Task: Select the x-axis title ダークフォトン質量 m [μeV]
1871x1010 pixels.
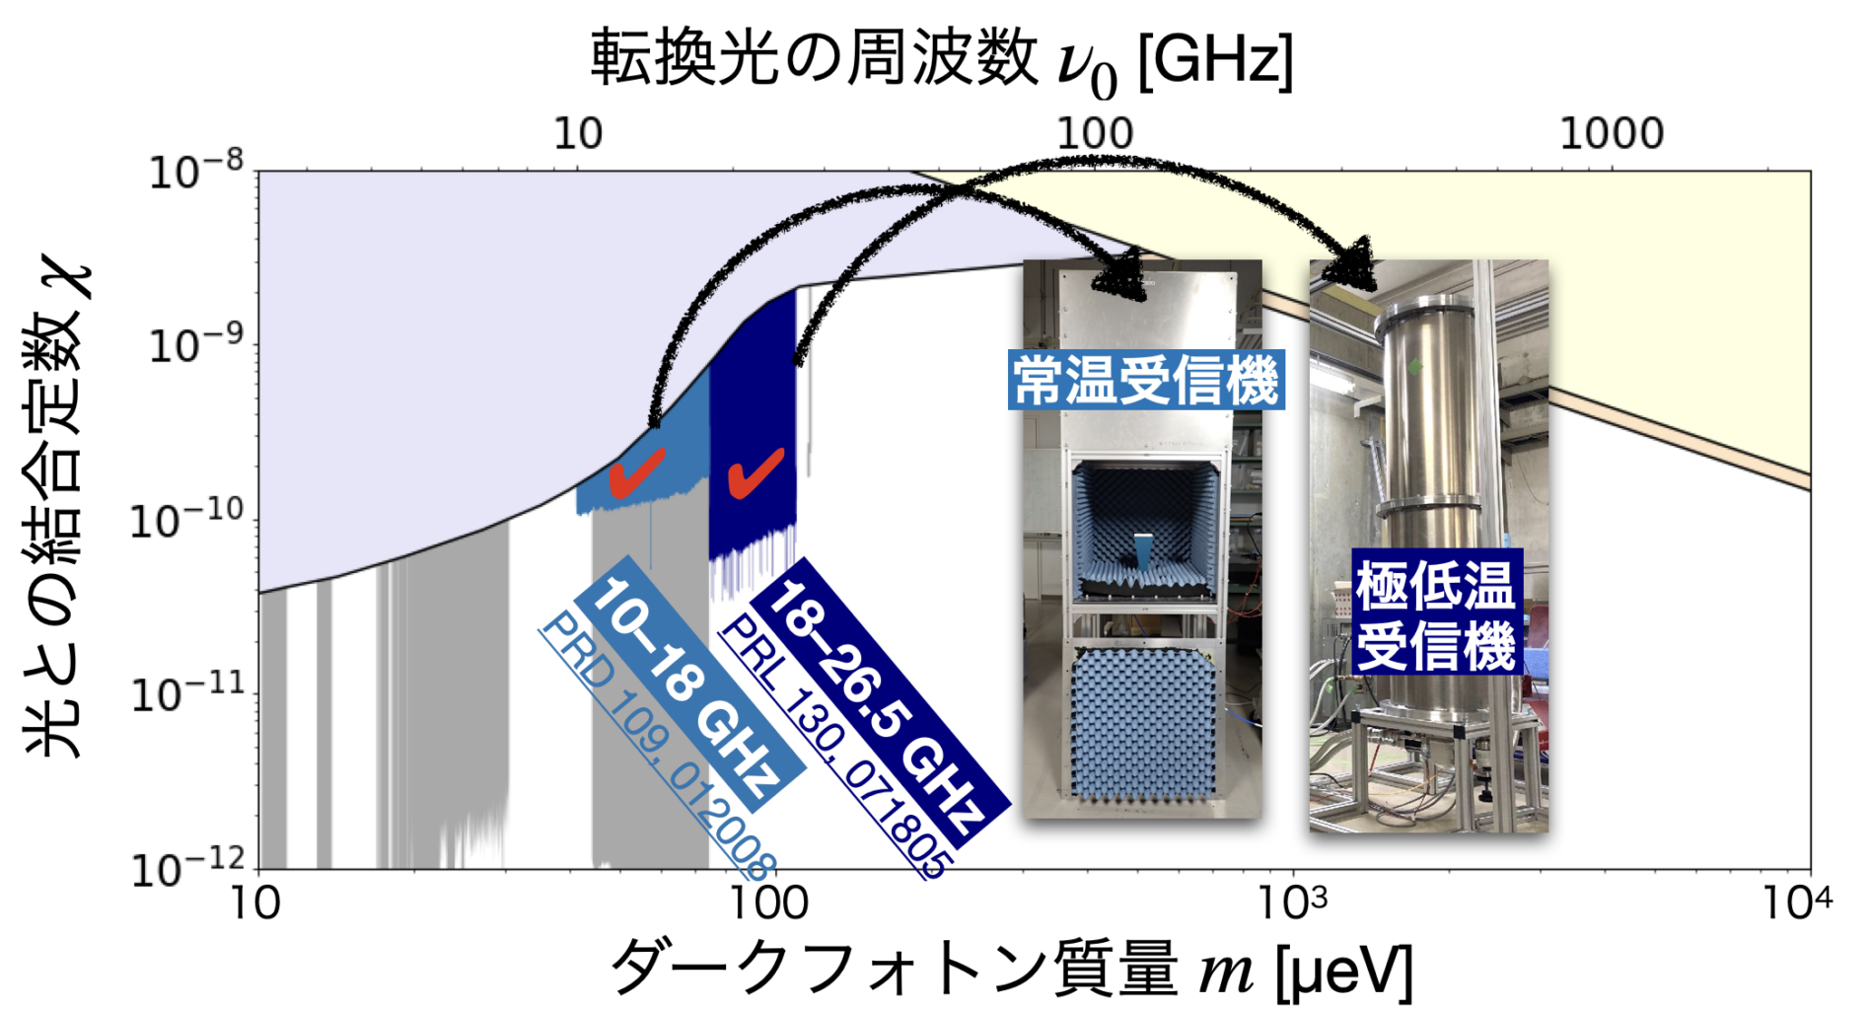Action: (1011, 968)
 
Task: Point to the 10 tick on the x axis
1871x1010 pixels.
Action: (254, 902)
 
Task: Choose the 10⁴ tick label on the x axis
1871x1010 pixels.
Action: (1797, 902)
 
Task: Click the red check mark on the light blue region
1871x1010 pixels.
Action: (636, 472)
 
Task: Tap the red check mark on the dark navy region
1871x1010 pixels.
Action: (756, 472)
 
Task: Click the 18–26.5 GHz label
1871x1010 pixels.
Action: (878, 701)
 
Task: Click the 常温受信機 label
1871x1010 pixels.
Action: (1146, 380)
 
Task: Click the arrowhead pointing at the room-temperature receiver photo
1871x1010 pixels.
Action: (1120, 276)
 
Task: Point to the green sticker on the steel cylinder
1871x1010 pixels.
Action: (1416, 368)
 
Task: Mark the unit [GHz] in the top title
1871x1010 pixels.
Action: (1215, 61)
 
